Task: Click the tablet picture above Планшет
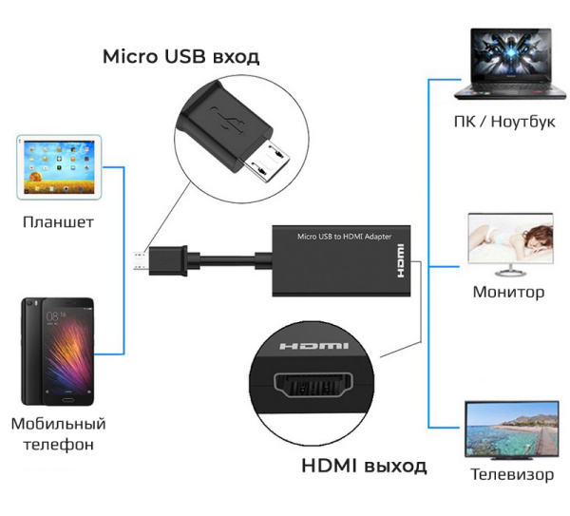tap(58, 167)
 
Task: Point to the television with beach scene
tap(510, 429)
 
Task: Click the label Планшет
tap(58, 222)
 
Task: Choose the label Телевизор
tap(511, 473)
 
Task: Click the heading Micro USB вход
tap(180, 57)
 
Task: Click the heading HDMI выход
tap(364, 466)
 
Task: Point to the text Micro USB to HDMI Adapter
tap(344, 236)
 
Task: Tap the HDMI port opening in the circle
tap(310, 391)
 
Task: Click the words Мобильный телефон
tap(58, 433)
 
